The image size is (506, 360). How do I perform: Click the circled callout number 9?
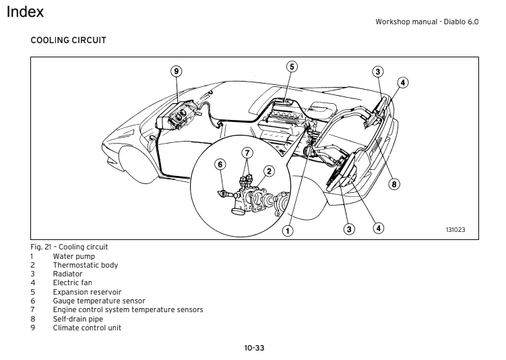tap(176, 71)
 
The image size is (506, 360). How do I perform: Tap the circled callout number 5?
tap(292, 66)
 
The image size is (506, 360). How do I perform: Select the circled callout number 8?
tap(395, 183)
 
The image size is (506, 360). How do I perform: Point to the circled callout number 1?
tap(288, 231)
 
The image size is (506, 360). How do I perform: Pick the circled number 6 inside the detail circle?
tap(220, 164)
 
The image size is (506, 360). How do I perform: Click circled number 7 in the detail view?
tap(247, 152)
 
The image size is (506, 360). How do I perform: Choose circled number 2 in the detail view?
tap(268, 171)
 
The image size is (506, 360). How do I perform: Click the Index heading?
tap(25, 11)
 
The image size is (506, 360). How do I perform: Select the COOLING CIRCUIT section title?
tap(68, 40)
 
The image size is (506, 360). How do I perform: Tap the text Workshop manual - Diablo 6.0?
tap(426, 22)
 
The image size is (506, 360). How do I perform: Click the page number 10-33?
tap(254, 348)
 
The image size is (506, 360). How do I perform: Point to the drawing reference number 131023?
tap(455, 229)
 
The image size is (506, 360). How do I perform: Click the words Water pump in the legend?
tap(74, 256)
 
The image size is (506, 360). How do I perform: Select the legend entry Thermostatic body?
tap(86, 265)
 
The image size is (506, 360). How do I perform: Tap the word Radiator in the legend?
tap(68, 274)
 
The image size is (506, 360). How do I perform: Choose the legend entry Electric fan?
tap(73, 283)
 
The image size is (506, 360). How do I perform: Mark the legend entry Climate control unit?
tap(88, 328)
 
